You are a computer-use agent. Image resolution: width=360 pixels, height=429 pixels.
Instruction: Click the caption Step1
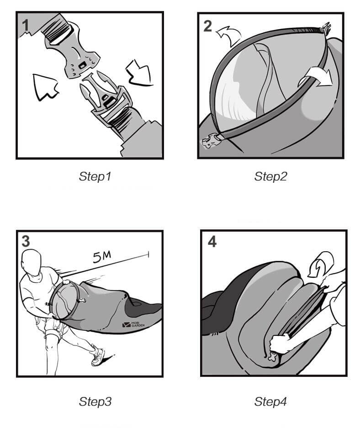pyautogui.click(x=95, y=176)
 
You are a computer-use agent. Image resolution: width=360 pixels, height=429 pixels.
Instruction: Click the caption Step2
pyautogui.click(x=270, y=176)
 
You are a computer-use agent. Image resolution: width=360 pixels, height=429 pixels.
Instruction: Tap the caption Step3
pyautogui.click(x=95, y=402)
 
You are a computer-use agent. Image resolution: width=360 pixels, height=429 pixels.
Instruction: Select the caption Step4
pyautogui.click(x=270, y=402)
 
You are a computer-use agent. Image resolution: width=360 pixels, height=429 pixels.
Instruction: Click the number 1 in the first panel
pyautogui.click(x=26, y=25)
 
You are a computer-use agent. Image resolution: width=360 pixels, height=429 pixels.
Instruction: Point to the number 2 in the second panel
pyautogui.click(x=207, y=26)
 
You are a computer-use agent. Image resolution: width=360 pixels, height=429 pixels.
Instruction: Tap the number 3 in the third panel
pyautogui.click(x=26, y=242)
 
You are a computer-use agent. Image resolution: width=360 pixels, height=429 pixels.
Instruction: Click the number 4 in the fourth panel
pyautogui.click(x=212, y=242)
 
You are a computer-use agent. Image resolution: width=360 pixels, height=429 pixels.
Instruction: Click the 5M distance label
pyautogui.click(x=102, y=257)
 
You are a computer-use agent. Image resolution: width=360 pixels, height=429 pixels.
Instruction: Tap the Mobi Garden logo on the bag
pyautogui.click(x=133, y=325)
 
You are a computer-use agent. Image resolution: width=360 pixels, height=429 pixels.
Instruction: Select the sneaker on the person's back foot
pyautogui.click(x=98, y=356)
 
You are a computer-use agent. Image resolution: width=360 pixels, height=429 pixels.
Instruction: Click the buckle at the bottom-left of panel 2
pyautogui.click(x=210, y=140)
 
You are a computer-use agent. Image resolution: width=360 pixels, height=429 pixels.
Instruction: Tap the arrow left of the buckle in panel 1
pyautogui.click(x=45, y=86)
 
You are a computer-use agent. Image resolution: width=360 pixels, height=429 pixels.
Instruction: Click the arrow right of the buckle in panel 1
pyautogui.click(x=138, y=72)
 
